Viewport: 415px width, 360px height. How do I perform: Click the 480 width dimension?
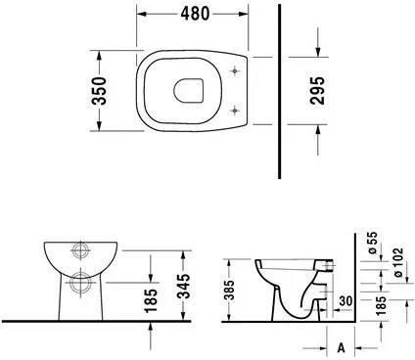195,14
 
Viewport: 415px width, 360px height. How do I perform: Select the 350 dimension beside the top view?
99,91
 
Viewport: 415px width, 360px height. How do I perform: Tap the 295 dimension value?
317,90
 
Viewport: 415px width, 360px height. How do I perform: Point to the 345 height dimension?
185,286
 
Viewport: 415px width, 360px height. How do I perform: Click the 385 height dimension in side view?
230,290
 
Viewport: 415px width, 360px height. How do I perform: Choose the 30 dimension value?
346,300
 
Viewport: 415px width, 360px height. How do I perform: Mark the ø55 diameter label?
373,243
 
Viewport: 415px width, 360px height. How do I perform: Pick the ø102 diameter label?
398,262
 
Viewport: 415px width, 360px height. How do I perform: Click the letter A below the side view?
341,347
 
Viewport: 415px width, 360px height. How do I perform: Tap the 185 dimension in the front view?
151,300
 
